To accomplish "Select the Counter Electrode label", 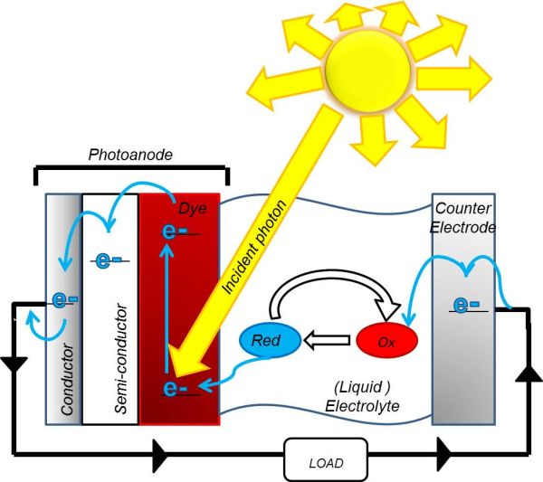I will click(x=463, y=219).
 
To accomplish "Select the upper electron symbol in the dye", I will click(x=175, y=232).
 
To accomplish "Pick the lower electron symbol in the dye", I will click(x=175, y=389).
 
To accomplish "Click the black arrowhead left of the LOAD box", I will click(x=162, y=447).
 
